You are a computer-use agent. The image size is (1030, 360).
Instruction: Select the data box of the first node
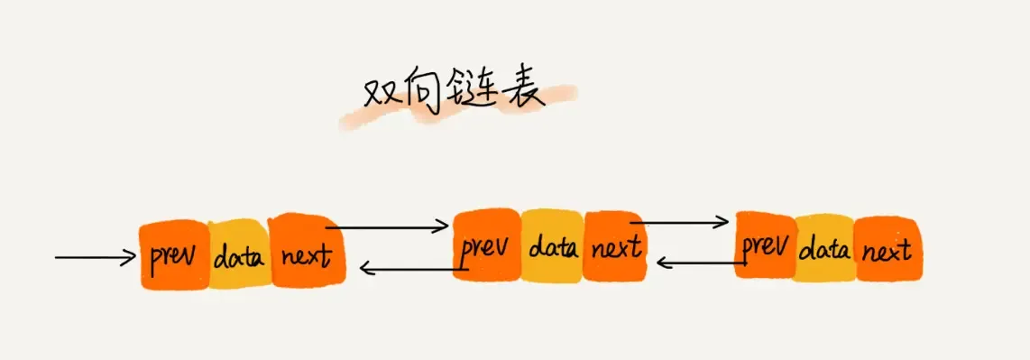point(239,257)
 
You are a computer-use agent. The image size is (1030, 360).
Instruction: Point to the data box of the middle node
point(552,245)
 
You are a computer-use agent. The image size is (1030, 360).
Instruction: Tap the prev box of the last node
point(765,245)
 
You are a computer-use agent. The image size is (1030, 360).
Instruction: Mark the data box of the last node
point(824,247)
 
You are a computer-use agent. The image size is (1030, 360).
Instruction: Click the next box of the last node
point(886,248)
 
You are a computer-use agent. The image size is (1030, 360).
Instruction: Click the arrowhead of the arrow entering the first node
point(129,258)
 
